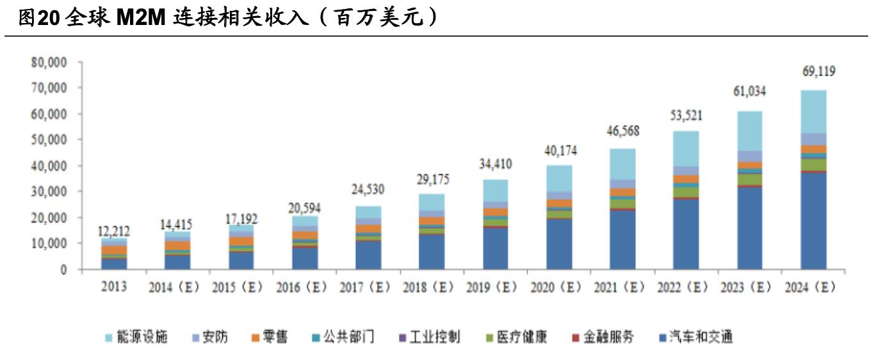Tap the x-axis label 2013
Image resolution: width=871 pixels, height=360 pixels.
click(114, 287)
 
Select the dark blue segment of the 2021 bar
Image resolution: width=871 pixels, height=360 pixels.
click(623, 240)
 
